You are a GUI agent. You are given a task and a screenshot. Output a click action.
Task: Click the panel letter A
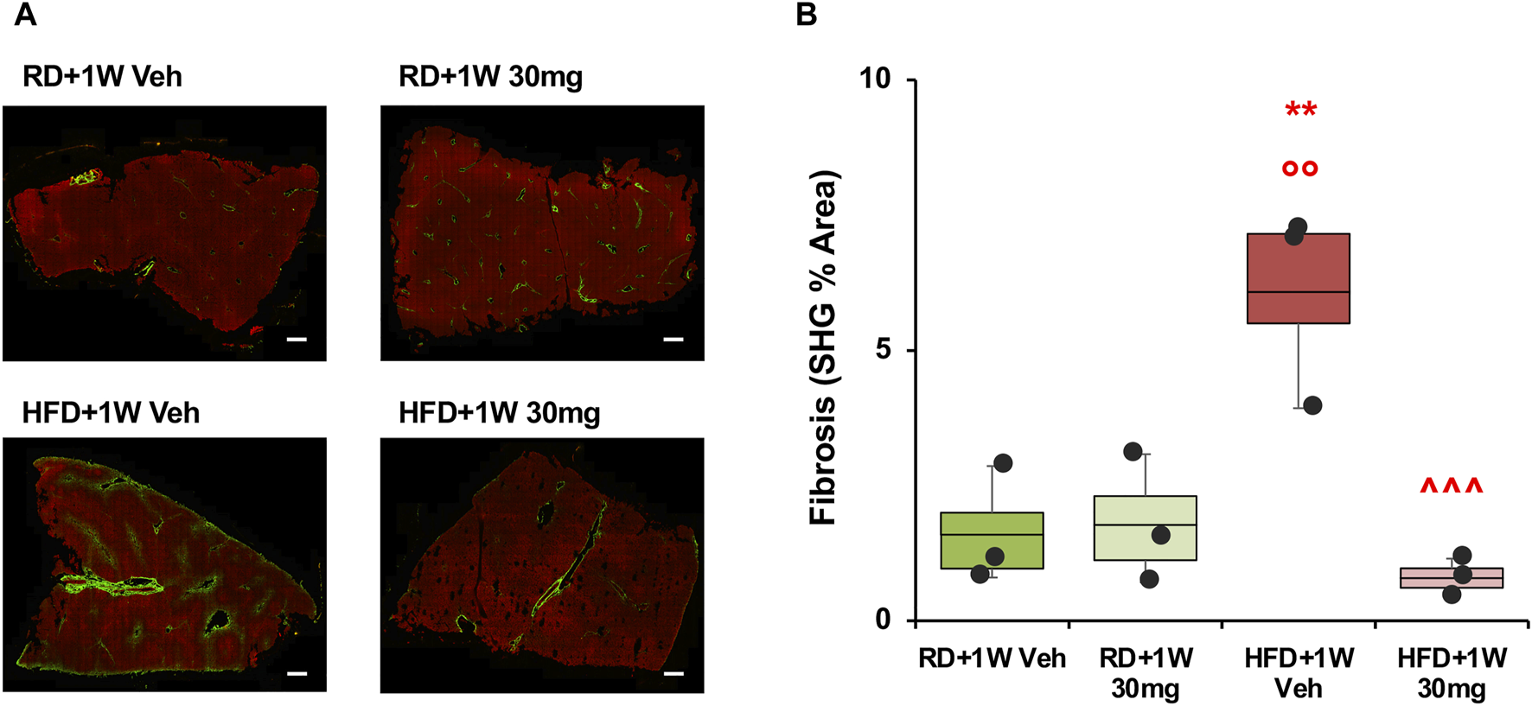[26, 15]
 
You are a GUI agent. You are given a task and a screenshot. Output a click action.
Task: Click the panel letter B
[806, 15]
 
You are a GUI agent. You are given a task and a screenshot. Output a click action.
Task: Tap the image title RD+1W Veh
[102, 76]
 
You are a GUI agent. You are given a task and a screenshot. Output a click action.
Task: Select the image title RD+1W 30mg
[490, 76]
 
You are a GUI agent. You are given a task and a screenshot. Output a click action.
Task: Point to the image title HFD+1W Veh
[111, 412]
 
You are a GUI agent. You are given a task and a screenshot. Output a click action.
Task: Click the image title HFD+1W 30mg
[499, 412]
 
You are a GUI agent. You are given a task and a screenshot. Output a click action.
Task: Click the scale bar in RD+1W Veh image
[297, 340]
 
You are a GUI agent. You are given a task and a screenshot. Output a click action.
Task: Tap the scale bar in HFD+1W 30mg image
[673, 673]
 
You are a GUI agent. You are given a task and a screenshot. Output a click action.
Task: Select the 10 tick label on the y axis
[874, 79]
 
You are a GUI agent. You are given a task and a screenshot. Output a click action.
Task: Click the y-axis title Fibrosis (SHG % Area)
[823, 348]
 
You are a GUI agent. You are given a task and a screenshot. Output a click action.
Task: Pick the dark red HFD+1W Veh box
[1298, 278]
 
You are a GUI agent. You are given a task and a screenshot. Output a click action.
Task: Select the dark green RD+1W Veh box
[992, 540]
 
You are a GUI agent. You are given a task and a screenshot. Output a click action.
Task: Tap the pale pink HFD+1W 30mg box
[1451, 578]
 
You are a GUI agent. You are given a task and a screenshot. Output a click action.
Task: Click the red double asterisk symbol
[1300, 111]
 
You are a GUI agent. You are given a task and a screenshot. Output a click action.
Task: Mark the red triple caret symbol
[1451, 487]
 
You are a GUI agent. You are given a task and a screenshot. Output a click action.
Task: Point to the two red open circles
[1299, 169]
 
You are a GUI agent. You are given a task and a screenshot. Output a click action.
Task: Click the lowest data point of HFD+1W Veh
[1312, 405]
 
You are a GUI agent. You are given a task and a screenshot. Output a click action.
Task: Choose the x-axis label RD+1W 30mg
[1146, 672]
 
